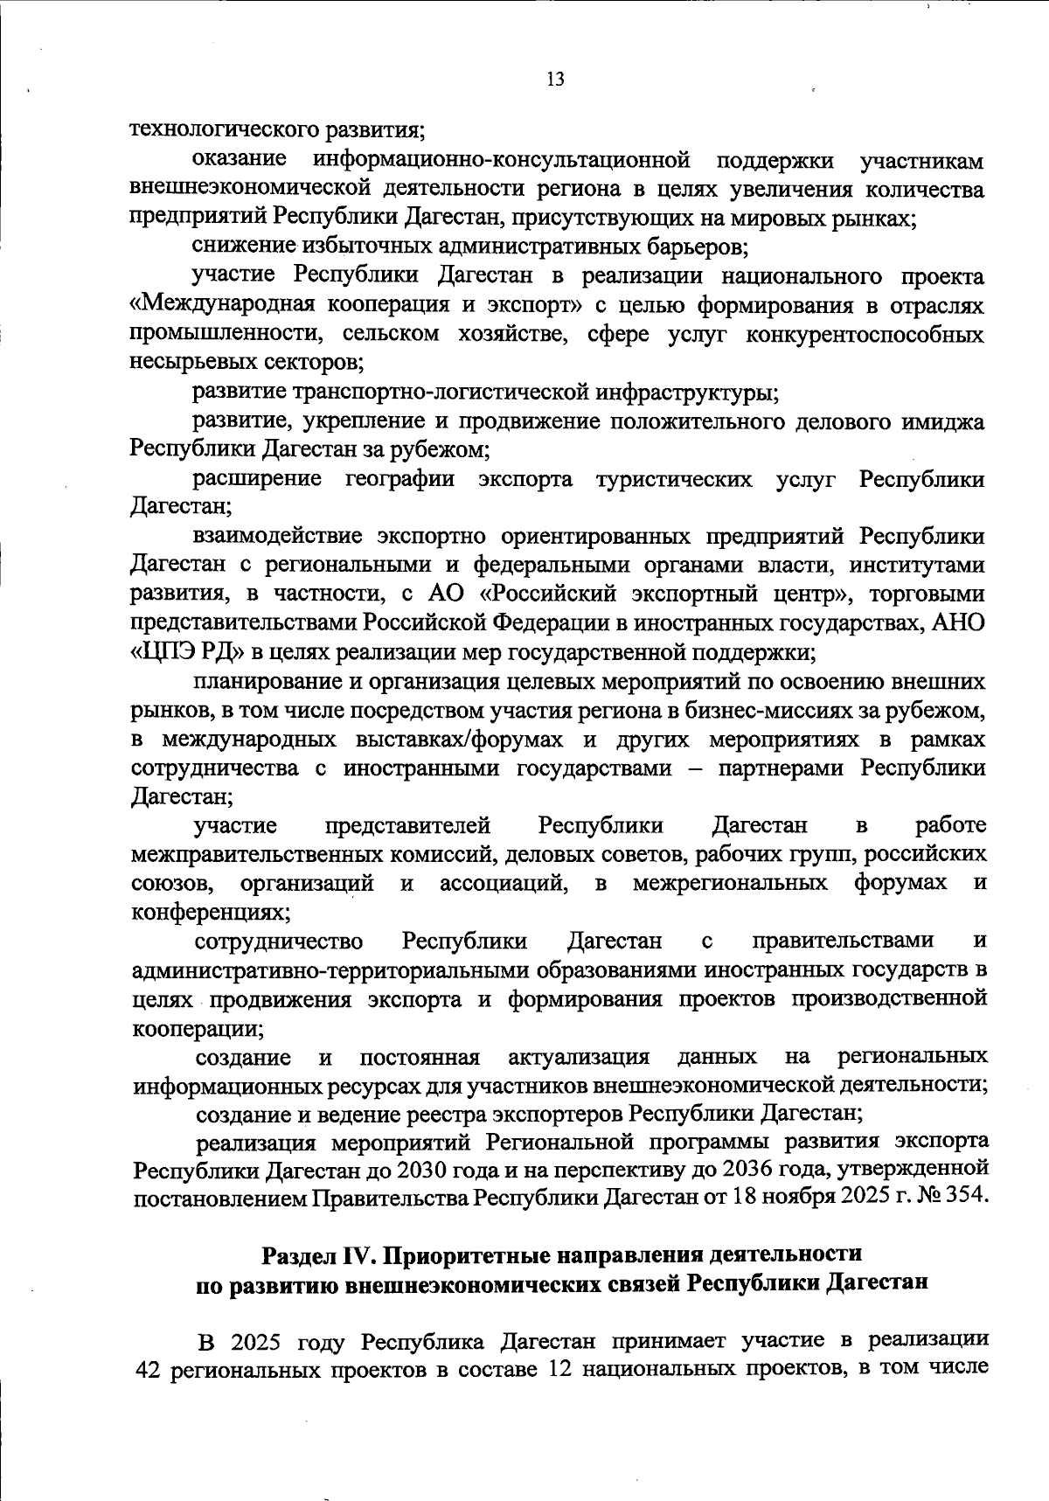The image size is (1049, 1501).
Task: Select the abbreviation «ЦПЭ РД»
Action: click(188, 652)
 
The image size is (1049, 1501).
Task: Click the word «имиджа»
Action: click(948, 421)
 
